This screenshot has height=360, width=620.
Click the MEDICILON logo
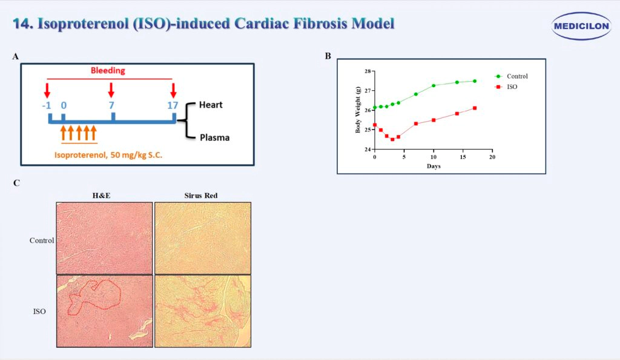click(582, 26)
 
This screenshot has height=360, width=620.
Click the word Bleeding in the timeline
click(108, 70)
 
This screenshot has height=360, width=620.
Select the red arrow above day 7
click(111, 90)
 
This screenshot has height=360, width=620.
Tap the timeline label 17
click(173, 105)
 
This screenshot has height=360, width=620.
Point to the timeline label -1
click(46, 105)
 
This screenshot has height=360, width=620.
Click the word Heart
click(211, 105)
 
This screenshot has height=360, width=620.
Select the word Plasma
click(215, 137)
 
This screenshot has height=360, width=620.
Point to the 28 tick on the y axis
click(367, 71)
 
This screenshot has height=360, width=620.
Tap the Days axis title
click(433, 166)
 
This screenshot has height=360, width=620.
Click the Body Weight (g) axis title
click(358, 110)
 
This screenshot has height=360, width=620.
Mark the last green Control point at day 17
click(475, 81)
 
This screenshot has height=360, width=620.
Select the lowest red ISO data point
click(392, 139)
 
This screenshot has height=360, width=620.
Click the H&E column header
click(104, 195)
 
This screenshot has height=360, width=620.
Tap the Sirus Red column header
click(202, 195)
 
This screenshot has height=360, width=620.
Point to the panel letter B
click(328, 56)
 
